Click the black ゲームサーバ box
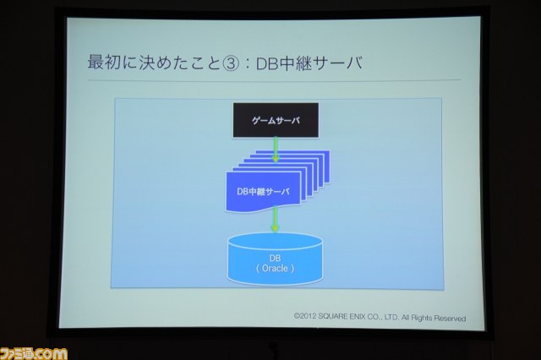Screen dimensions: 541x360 point(276,120)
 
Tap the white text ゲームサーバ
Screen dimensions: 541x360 point(276,121)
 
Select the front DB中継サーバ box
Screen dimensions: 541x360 point(263,192)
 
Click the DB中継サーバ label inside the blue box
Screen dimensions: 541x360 point(263,192)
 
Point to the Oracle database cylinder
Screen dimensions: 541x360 point(275,259)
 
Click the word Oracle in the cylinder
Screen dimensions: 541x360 point(275,268)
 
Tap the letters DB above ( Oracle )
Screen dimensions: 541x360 point(275,258)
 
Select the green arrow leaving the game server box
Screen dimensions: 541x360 point(276,150)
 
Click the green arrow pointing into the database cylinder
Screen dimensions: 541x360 point(275,220)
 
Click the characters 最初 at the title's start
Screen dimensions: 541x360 point(104,63)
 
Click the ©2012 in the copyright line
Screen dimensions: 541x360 point(305,316)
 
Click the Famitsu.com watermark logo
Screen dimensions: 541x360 point(34,354)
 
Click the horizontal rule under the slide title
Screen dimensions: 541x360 point(274,80)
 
